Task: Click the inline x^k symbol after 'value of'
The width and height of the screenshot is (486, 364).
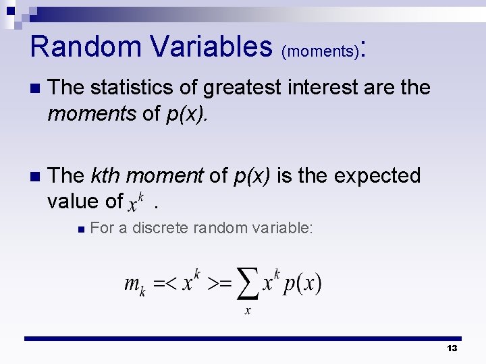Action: coord(138,201)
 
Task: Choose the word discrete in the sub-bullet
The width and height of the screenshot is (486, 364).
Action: coord(161,228)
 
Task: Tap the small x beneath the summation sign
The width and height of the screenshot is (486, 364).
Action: coord(247,310)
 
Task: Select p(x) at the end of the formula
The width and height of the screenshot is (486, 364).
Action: coord(302,283)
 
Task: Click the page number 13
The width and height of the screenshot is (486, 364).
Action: coord(452,348)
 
